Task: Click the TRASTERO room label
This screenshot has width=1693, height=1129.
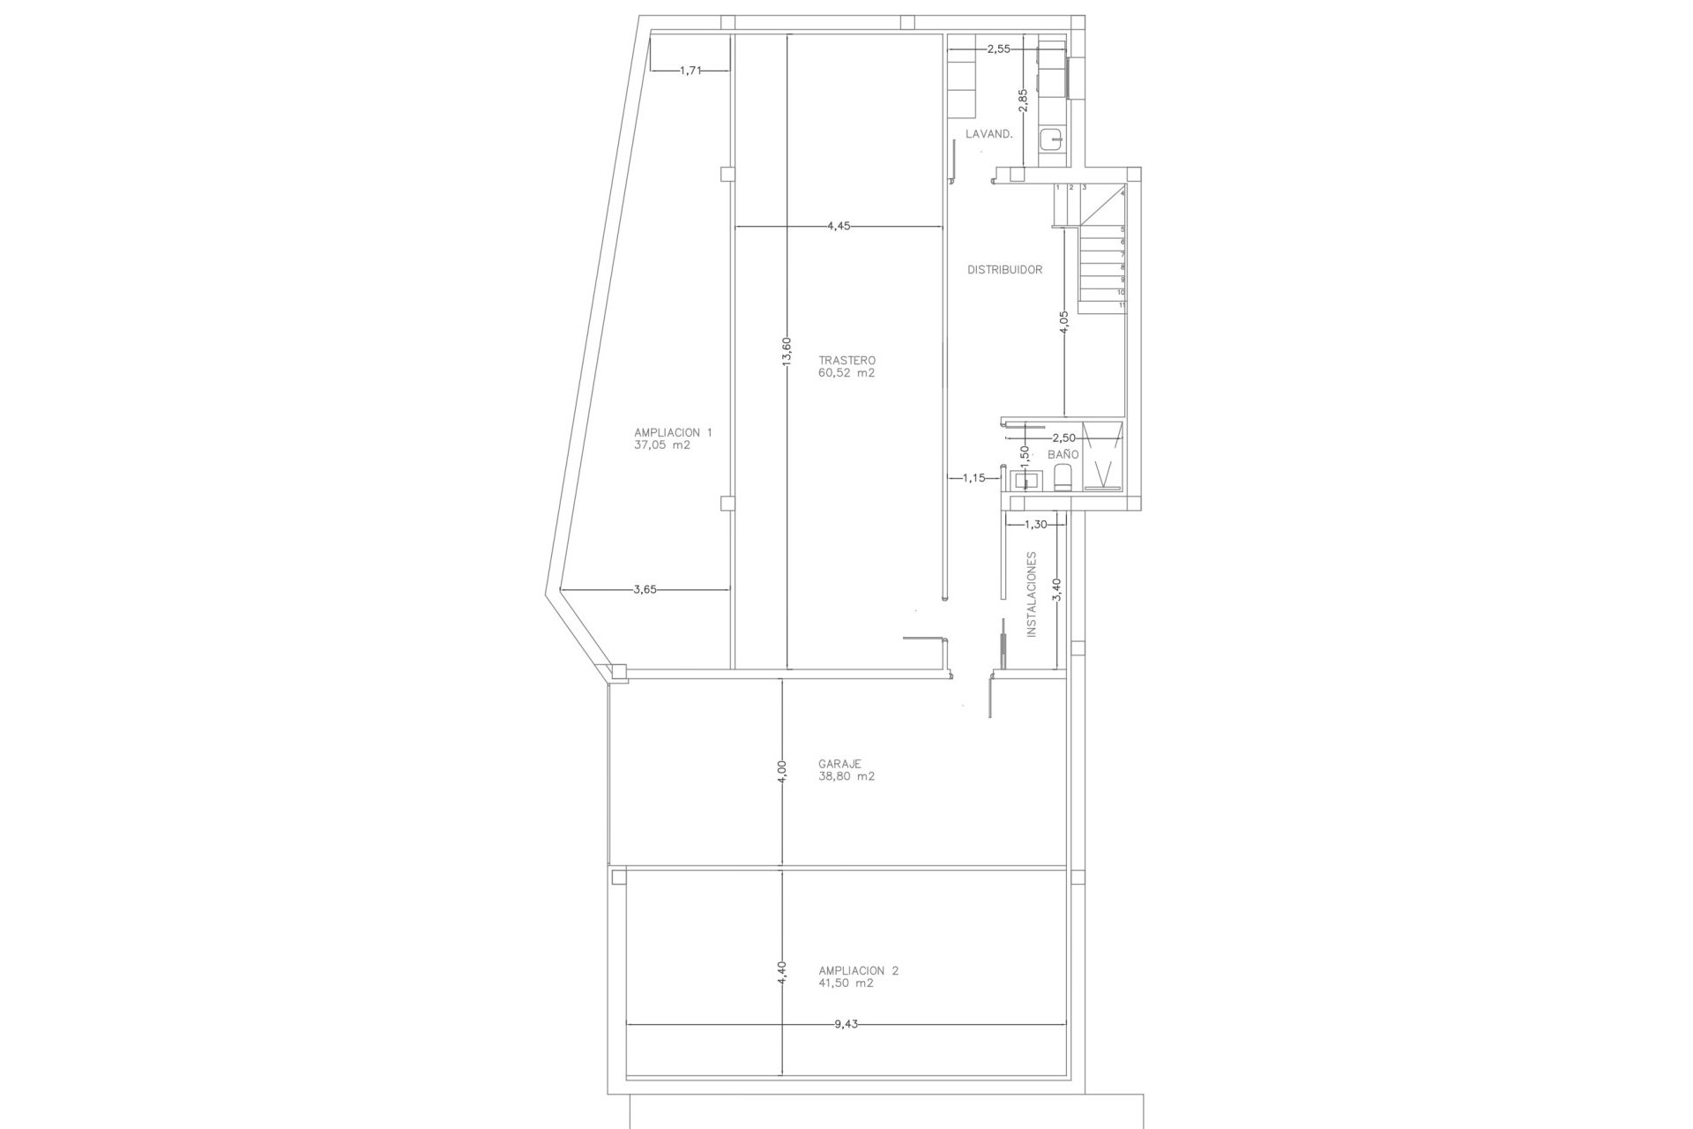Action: tap(846, 361)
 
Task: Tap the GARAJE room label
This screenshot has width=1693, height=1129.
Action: tap(839, 764)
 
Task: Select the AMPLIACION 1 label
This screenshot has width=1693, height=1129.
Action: tap(673, 432)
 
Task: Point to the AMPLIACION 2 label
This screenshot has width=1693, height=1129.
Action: tap(858, 970)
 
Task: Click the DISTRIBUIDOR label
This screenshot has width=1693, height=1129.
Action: tap(1004, 270)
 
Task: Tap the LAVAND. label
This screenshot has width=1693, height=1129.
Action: tap(988, 134)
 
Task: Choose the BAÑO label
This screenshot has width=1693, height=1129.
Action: tap(1063, 454)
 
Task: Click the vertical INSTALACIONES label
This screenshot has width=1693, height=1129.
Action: tap(1031, 594)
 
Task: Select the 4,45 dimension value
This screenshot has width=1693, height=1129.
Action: tap(839, 226)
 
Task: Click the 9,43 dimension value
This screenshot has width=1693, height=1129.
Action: tap(845, 1024)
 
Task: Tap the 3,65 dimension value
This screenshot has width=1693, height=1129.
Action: tap(645, 590)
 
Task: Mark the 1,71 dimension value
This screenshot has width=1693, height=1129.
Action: tap(690, 71)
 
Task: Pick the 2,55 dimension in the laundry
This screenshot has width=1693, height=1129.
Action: tap(998, 49)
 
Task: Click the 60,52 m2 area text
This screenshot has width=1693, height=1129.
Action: tap(846, 373)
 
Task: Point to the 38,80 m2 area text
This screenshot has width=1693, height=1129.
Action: tap(846, 777)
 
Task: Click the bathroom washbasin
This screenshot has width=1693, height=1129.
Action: tap(1025, 481)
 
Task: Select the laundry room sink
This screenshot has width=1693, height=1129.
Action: tap(1051, 139)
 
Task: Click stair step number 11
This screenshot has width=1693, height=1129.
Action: tap(1122, 305)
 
